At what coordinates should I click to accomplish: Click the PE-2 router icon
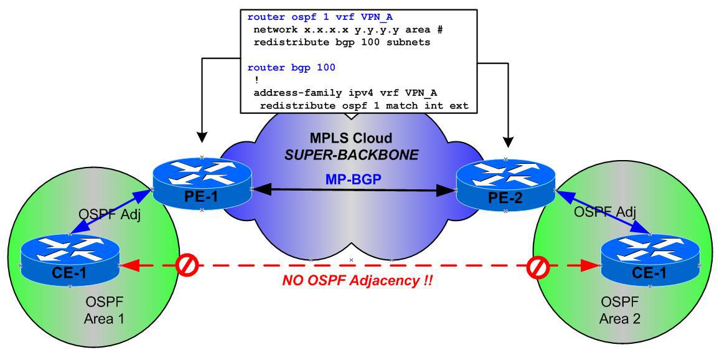506,183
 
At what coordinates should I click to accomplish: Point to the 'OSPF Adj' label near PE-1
102,215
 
